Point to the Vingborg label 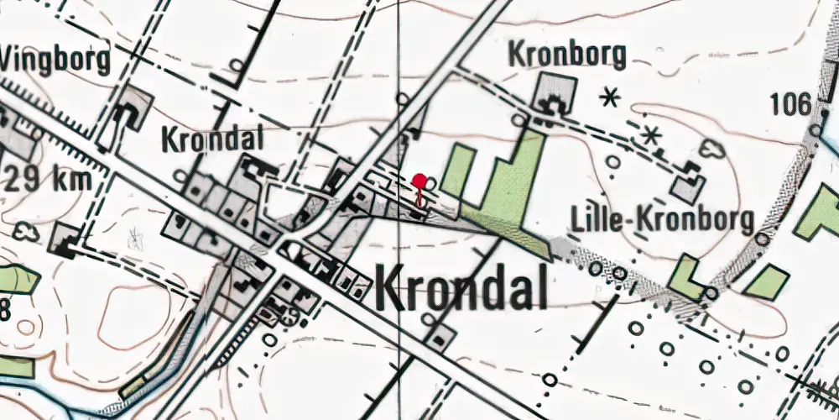point(55,60)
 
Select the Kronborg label point(568,55)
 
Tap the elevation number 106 point(790,105)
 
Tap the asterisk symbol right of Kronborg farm point(610,99)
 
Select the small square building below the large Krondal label point(441,337)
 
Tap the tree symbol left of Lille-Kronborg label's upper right point(714,150)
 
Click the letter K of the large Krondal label point(392,288)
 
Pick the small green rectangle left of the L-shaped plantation point(457,171)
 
